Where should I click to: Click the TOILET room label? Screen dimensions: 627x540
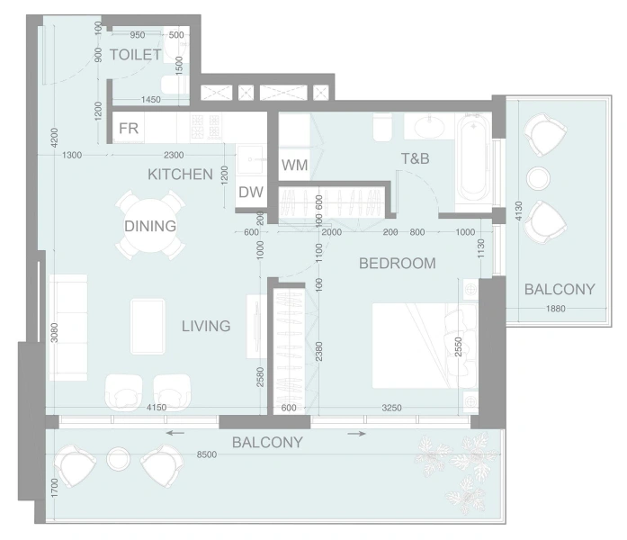click(136, 55)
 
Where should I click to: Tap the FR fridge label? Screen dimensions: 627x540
click(129, 129)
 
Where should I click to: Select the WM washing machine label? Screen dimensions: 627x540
click(295, 165)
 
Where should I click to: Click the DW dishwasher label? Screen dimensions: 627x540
click(251, 193)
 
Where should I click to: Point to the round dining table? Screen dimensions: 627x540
click(150, 226)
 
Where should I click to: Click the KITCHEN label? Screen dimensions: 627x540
click(180, 175)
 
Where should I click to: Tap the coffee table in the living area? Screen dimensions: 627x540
click(148, 327)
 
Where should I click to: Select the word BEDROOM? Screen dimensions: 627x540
click(398, 263)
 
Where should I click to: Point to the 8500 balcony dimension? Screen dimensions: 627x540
click(207, 454)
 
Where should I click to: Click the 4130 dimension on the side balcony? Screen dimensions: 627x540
click(519, 211)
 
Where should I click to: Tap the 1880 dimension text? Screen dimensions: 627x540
click(556, 309)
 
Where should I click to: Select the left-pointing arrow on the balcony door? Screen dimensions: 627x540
click(175, 433)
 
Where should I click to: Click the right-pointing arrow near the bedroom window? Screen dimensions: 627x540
click(357, 434)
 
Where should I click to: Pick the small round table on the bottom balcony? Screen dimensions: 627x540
click(119, 459)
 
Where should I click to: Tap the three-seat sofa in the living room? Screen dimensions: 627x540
click(68, 328)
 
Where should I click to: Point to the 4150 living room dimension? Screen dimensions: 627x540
click(157, 408)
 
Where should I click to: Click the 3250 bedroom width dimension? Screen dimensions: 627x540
click(391, 408)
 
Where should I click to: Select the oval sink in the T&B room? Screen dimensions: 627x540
click(429, 127)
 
